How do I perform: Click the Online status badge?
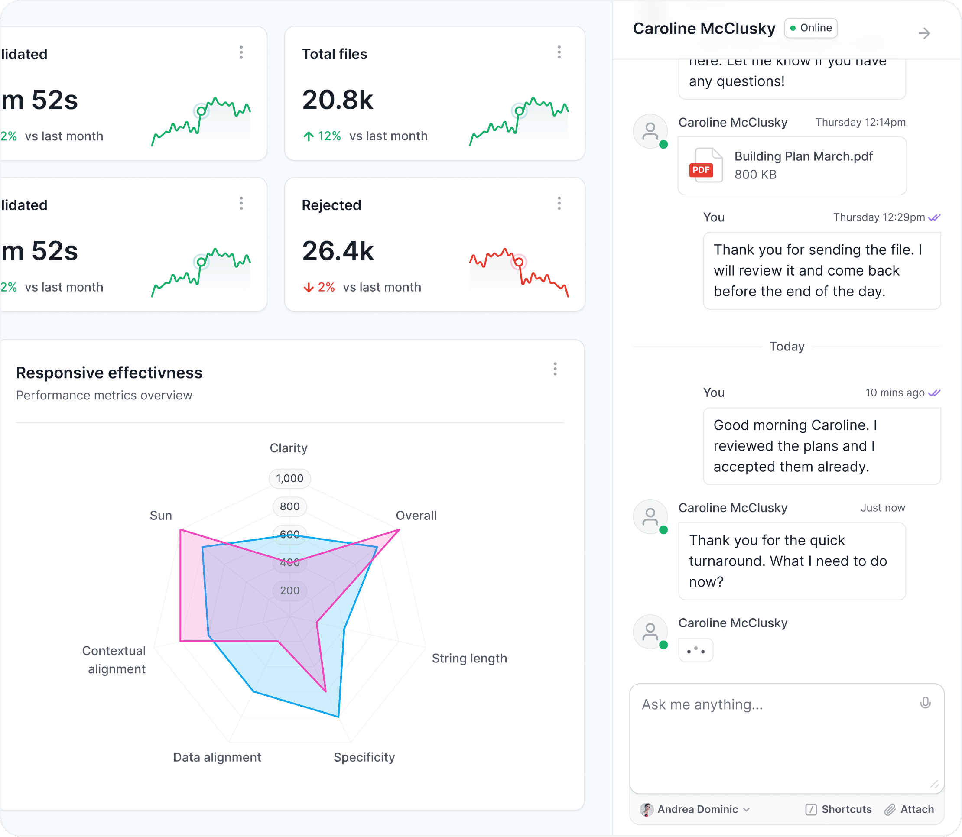[811, 28]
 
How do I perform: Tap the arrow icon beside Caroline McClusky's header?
[924, 34]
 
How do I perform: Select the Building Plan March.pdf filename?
[803, 156]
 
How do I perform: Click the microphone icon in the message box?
[925, 703]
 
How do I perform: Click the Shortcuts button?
[838, 809]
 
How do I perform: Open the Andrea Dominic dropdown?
[695, 809]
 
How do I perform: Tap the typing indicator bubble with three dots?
[695, 650]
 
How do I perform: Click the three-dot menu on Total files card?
[559, 52]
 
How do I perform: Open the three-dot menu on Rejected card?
[559, 203]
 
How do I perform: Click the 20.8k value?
[337, 100]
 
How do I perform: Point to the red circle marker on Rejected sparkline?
[519, 262]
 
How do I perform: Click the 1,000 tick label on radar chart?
[289, 478]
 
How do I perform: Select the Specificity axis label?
[364, 757]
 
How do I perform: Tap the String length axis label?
[469, 658]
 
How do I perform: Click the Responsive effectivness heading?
[109, 373]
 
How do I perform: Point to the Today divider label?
[787, 347]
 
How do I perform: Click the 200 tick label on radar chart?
[289, 590]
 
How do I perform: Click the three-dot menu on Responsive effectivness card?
[555, 369]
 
